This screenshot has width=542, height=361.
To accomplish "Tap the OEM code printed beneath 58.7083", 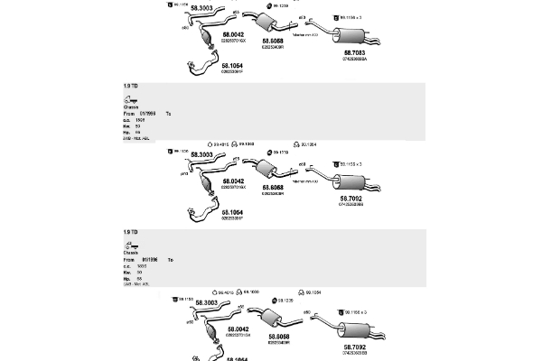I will point(354,60).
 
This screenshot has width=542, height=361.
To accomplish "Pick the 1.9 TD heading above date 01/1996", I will point(130,232).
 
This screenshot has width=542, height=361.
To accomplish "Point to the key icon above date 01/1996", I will point(130,245).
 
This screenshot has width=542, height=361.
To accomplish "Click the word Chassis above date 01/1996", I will point(132,253).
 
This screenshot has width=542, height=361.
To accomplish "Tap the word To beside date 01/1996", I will point(170,260).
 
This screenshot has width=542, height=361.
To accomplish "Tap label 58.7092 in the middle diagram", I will point(352,198).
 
